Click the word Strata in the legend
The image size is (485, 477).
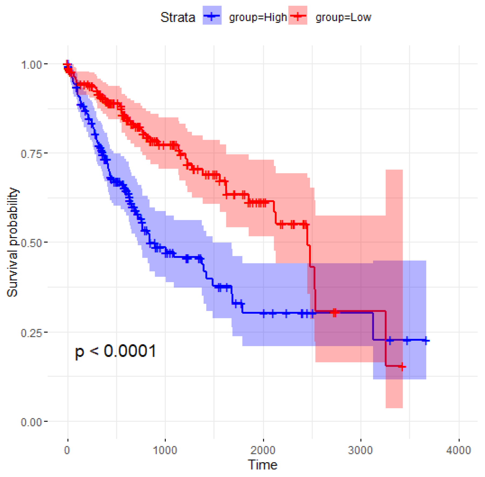(x=177, y=18)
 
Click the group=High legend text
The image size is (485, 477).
(x=258, y=18)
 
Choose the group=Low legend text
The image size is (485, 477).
(x=343, y=18)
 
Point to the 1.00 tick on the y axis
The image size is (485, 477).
(x=32, y=65)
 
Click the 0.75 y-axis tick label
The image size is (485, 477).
(x=32, y=154)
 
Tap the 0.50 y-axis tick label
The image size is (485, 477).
(x=32, y=243)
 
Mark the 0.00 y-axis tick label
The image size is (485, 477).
(x=32, y=422)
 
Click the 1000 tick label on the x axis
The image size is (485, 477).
(x=165, y=450)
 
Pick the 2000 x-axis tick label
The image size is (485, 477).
(x=263, y=450)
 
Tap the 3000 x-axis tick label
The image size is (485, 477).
(x=360, y=450)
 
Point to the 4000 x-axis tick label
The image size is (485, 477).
(x=458, y=450)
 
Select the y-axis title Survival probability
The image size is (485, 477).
(x=13, y=242)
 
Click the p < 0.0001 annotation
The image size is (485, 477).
(x=115, y=351)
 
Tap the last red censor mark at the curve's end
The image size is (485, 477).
(x=402, y=367)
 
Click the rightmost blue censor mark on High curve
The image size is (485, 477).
(x=426, y=341)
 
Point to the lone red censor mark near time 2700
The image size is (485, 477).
(x=334, y=313)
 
